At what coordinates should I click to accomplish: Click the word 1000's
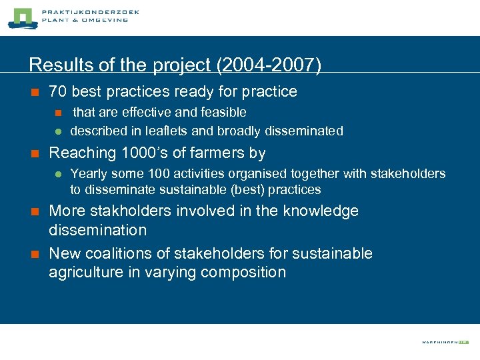(x=144, y=153)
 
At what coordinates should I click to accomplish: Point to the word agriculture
(x=83, y=273)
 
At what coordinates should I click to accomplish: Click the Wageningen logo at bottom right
(x=445, y=341)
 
